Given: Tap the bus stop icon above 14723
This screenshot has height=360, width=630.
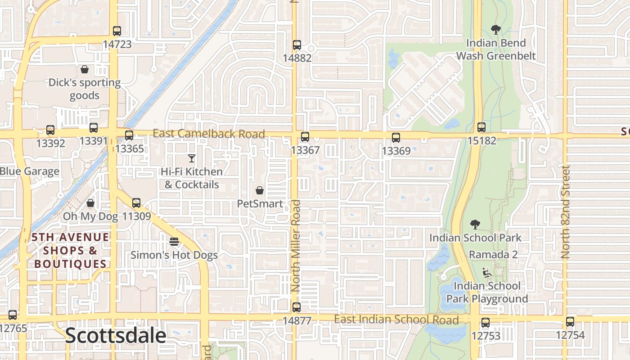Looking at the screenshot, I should pyautogui.click(x=117, y=31).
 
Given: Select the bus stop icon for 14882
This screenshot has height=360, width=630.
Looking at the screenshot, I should pyautogui.click(x=297, y=45).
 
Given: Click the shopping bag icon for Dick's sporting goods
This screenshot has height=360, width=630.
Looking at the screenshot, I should pyautogui.click(x=85, y=69).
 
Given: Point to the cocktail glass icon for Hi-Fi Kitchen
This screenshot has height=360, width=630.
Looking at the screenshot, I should pyautogui.click(x=192, y=158).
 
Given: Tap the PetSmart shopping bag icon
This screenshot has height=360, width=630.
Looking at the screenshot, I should pyautogui.click(x=260, y=190).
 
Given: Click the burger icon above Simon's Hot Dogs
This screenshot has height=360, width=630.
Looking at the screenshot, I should pyautogui.click(x=174, y=242).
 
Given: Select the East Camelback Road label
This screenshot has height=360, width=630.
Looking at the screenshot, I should pyautogui.click(x=209, y=134).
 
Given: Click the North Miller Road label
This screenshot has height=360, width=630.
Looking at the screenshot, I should pyautogui.click(x=296, y=246).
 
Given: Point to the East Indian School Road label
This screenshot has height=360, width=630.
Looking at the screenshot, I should pyautogui.click(x=396, y=319).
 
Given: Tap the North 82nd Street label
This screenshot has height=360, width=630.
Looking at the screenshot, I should pyautogui.click(x=566, y=211).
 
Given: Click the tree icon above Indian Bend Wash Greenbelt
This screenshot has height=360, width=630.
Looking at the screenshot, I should pyautogui.click(x=496, y=30).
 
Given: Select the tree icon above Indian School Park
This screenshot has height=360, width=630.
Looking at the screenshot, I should pyautogui.click(x=475, y=225).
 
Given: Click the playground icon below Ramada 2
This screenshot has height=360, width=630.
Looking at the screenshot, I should pyautogui.click(x=486, y=272).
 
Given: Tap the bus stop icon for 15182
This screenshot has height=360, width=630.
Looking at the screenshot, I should pyautogui.click(x=481, y=127).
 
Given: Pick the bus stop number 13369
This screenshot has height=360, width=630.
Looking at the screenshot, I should pyautogui.click(x=396, y=151).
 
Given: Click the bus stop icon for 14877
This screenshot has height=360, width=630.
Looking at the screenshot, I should pyautogui.click(x=297, y=307).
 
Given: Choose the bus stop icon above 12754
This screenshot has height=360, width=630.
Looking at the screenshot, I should pyautogui.click(x=570, y=322).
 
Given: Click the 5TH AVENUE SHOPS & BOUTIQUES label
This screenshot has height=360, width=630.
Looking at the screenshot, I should pyautogui.click(x=71, y=250).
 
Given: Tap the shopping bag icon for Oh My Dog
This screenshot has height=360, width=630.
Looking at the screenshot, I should pyautogui.click(x=90, y=203).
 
